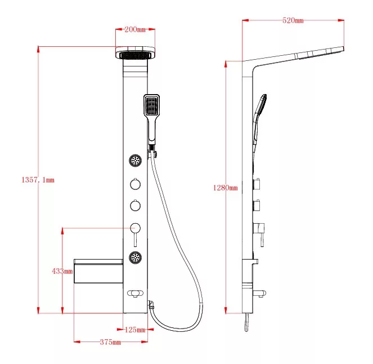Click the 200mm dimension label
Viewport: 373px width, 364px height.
(135, 29)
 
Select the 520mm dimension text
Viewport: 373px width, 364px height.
(293, 20)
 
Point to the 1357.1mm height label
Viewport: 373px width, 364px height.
(38, 180)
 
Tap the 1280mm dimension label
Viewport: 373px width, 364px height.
(225, 188)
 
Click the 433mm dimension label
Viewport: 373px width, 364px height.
(62, 271)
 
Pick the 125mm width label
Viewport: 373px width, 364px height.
(135, 330)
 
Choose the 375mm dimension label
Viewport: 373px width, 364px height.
(110, 342)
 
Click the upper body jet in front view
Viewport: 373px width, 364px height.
(136, 161)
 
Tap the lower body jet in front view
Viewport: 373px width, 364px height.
(136, 258)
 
